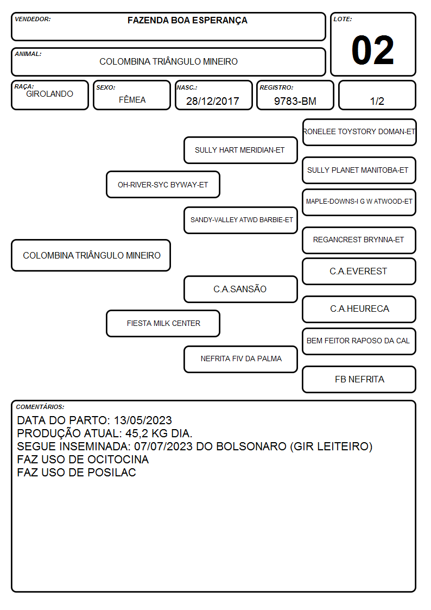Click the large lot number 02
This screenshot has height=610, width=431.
372,50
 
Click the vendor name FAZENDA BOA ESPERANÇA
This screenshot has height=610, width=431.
187,21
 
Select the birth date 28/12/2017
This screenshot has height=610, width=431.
213,101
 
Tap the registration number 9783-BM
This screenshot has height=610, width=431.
295,101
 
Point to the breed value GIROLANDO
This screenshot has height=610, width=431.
49,94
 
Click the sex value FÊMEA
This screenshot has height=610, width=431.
132,99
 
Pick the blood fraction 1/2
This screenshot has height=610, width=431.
377,101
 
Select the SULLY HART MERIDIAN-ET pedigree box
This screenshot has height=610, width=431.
240,150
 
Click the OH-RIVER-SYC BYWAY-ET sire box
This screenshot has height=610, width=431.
163,185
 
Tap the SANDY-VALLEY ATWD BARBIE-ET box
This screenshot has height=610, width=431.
240,220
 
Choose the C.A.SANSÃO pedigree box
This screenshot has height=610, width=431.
240,289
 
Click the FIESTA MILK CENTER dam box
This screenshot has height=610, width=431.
163,323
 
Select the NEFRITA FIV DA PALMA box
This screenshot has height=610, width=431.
240,359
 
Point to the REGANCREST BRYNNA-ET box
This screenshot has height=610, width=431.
359,240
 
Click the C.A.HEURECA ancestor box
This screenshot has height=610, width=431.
359,309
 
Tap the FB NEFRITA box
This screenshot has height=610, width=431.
359,379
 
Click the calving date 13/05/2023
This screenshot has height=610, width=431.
143,420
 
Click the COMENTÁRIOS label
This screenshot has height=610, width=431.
40,407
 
